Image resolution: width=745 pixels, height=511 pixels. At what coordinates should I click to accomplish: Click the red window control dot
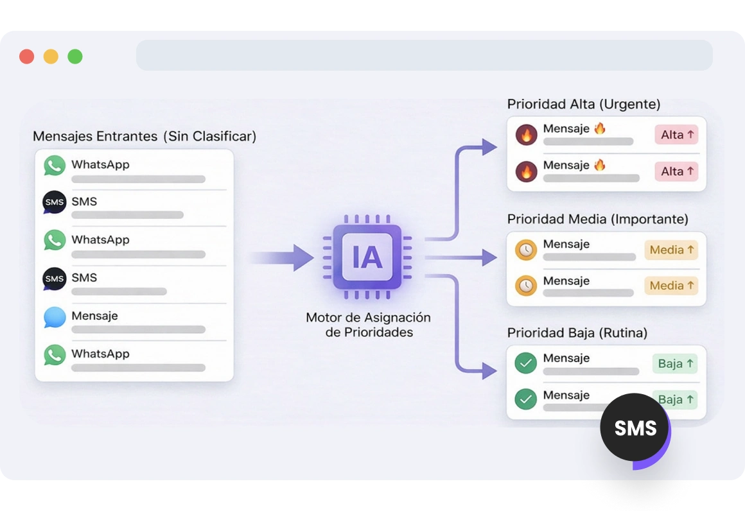point(26,56)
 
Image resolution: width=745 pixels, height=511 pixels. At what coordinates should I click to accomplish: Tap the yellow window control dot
point(51,56)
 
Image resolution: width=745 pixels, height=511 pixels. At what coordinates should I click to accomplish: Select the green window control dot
point(75,56)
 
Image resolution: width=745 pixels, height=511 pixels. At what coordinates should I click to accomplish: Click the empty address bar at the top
point(424,55)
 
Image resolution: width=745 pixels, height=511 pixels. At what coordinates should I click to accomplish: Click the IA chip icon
point(367,257)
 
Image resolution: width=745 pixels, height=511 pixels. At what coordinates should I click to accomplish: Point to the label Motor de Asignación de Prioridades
point(368,325)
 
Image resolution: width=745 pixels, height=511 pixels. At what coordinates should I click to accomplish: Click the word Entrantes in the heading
point(127,136)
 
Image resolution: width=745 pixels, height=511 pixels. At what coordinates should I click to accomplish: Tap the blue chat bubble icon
point(55,318)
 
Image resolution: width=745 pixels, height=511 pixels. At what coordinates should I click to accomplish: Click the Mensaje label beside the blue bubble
point(94,316)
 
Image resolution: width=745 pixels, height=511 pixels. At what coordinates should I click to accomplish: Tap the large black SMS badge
point(635,428)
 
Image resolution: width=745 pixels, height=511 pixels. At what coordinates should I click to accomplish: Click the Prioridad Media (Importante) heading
point(597,220)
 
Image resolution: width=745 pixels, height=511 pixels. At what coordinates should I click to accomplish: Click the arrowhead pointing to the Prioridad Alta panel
point(489,147)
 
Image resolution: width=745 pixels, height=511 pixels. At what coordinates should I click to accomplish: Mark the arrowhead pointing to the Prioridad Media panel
point(489,258)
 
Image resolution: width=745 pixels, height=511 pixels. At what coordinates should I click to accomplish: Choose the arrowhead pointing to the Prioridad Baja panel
point(489,370)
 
